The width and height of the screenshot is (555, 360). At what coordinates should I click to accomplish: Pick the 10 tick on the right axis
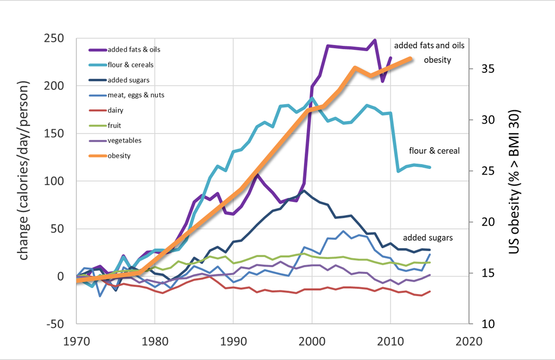(486, 324)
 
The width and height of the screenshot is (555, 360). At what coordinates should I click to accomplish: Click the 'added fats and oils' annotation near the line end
(429, 45)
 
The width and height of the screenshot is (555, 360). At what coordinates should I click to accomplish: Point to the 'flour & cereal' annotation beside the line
(434, 151)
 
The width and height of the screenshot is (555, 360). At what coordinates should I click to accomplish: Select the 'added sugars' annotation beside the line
(428, 238)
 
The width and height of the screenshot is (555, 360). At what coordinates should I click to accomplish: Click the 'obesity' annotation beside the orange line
(438, 60)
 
